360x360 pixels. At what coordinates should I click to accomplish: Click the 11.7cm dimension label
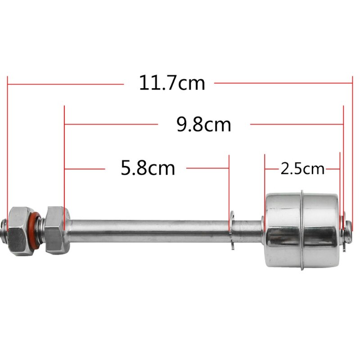tap(171, 83)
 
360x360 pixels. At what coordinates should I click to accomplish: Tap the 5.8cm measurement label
tap(148, 169)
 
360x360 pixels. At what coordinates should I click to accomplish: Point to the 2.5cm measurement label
tap(302, 169)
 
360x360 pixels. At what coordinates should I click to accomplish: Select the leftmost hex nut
tap(20, 229)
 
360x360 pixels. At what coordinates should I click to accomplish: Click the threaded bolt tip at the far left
tap(4, 227)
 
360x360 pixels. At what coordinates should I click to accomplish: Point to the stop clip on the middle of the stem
tap(231, 229)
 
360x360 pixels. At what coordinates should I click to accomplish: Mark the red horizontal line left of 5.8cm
tap(85, 169)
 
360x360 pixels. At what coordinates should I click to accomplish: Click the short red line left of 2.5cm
tap(271, 169)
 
